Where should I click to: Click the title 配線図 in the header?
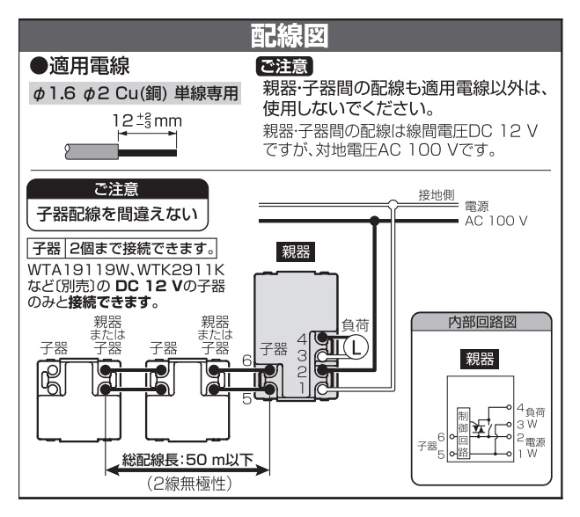coord(290,36)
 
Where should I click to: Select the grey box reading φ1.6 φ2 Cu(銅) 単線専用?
coord(135,94)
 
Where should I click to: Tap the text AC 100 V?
coord(496,220)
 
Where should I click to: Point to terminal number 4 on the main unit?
coord(303,338)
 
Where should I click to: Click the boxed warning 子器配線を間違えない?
coord(117,214)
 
